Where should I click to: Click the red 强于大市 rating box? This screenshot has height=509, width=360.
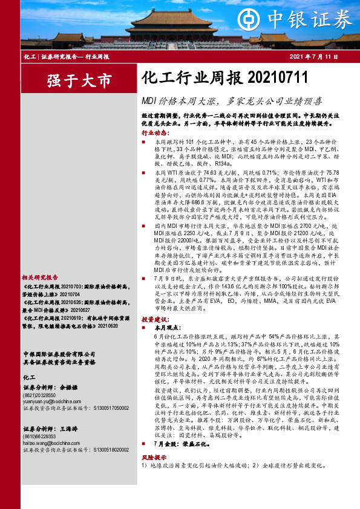tap(80, 80)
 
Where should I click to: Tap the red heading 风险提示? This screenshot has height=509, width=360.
tap(154, 459)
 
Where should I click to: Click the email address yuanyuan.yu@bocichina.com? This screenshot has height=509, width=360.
tap(48, 401)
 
